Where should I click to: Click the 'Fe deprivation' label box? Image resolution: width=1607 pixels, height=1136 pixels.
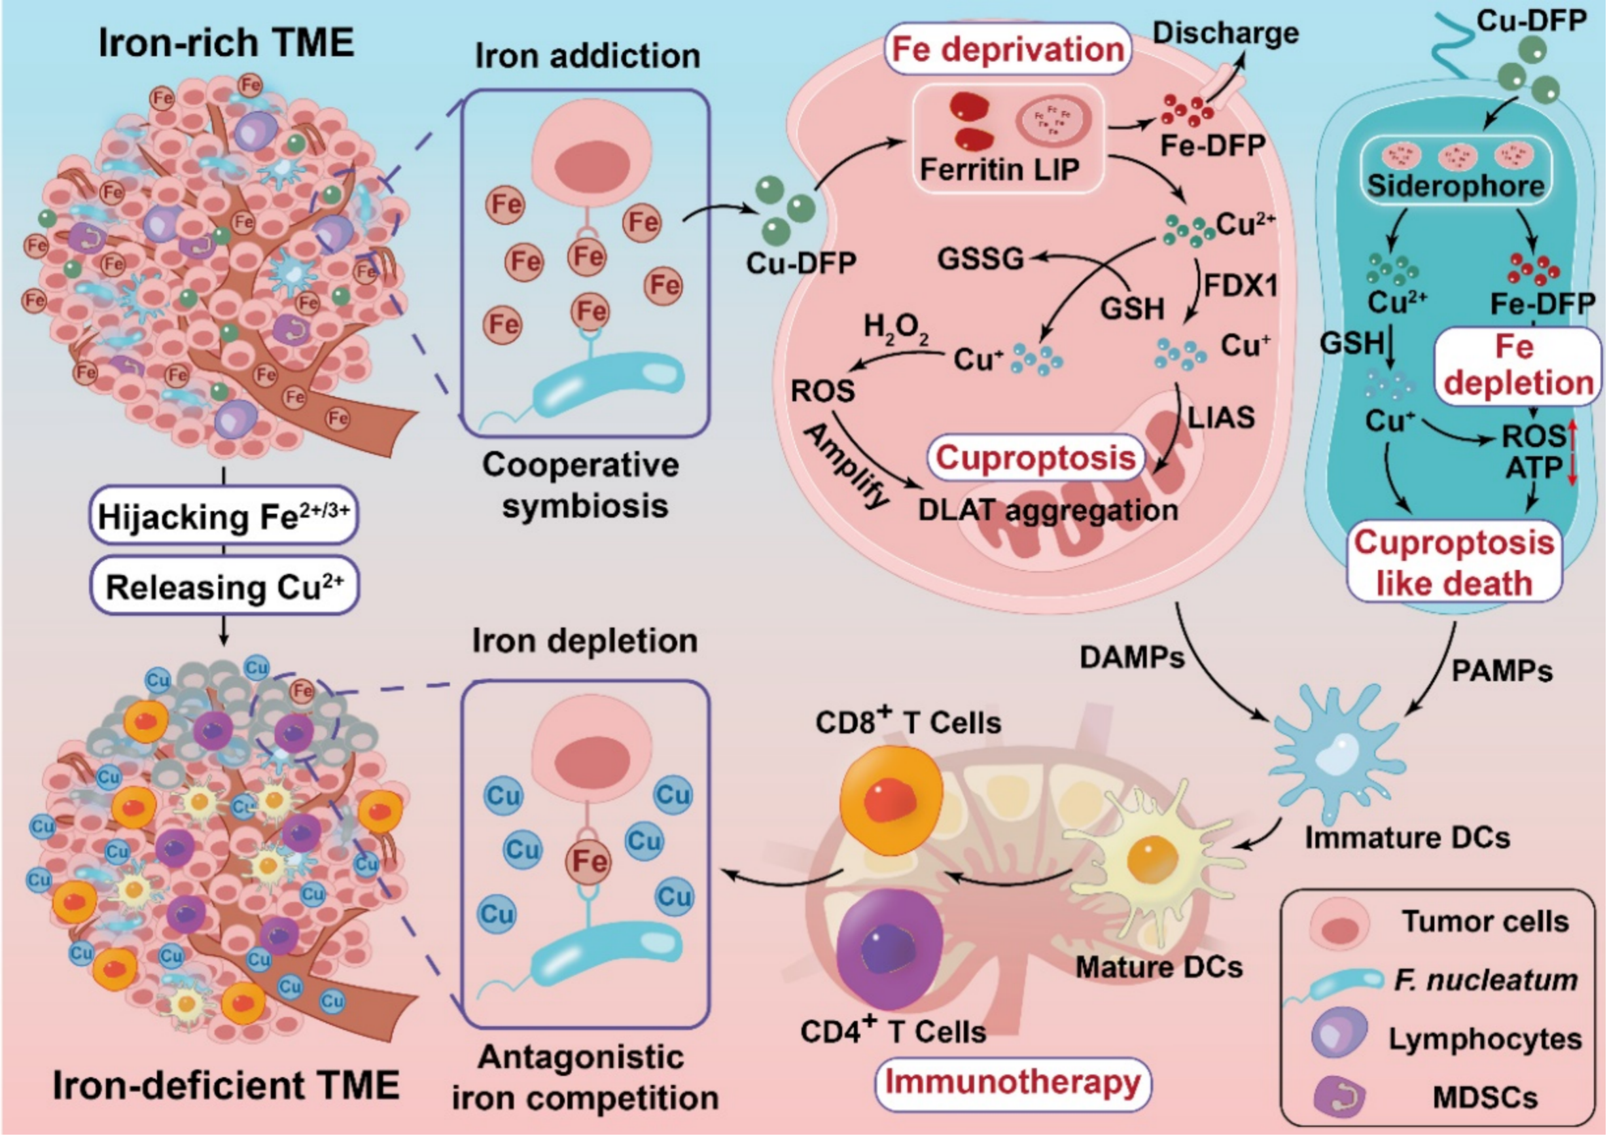click(1007, 49)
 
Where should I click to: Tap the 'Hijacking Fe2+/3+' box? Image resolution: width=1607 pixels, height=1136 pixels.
click(223, 516)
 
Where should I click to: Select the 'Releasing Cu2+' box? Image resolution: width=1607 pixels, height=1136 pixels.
click(224, 586)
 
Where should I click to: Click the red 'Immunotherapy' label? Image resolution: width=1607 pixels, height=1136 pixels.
click(1012, 1082)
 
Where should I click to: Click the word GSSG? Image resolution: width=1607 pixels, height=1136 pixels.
click(980, 258)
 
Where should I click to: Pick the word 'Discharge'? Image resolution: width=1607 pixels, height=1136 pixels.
click(1226, 33)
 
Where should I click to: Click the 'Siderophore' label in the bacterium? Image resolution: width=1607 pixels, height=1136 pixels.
click(1456, 185)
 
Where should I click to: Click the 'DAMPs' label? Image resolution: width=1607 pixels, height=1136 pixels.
click(1132, 656)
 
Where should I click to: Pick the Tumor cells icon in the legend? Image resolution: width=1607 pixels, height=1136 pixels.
click(1338, 924)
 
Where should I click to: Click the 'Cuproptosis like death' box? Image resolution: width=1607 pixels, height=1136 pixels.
click(1455, 563)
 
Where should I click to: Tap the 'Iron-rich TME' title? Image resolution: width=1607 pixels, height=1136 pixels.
click(226, 43)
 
